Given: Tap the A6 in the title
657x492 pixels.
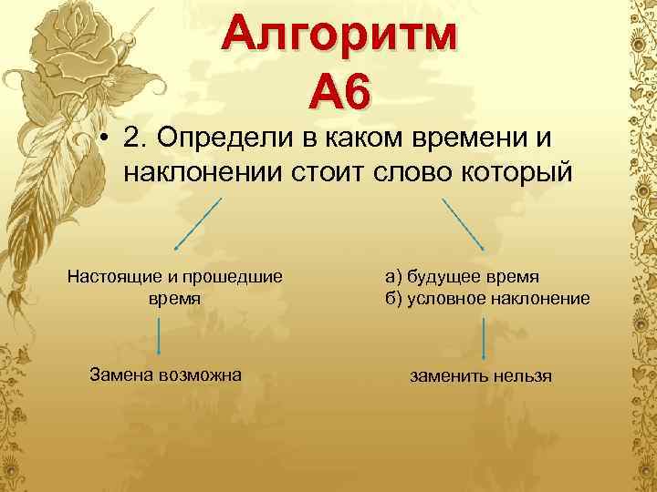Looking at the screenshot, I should point(341,93).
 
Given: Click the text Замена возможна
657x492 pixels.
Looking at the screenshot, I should point(165,374).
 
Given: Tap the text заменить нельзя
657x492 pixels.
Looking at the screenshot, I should point(481,375).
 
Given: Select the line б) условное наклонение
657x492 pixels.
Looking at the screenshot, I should point(487,299).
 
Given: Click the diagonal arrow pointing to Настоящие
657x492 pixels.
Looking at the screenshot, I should point(197,224).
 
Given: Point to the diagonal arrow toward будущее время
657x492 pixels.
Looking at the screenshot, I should point(464,224).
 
